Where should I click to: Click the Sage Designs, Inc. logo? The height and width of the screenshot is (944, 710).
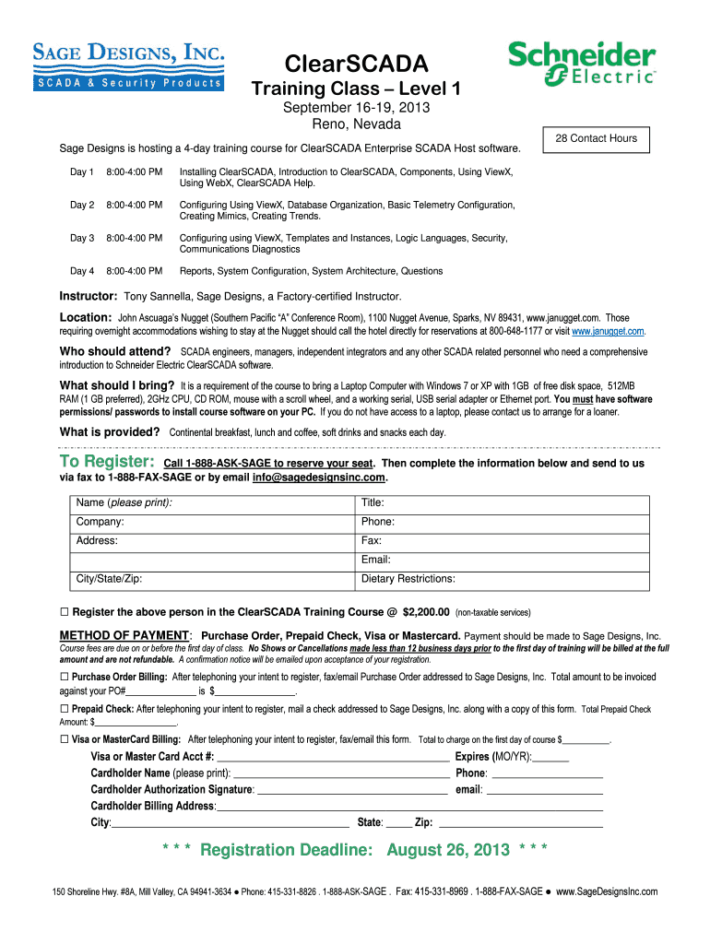pyautogui.click(x=129, y=66)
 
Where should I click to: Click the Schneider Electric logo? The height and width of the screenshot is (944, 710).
pyautogui.click(x=582, y=65)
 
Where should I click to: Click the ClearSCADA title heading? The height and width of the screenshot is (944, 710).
pyautogui.click(x=356, y=64)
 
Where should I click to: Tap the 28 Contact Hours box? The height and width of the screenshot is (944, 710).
pyautogui.click(x=596, y=138)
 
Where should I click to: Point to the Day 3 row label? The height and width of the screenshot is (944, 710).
pyautogui.click(x=82, y=238)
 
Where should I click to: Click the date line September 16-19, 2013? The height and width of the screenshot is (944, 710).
pyautogui.click(x=356, y=108)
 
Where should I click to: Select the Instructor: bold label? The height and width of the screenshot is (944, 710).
pyautogui.click(x=89, y=296)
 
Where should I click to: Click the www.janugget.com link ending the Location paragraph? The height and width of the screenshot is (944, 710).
pyautogui.click(x=608, y=330)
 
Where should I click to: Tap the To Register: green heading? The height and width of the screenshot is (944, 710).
pyautogui.click(x=106, y=462)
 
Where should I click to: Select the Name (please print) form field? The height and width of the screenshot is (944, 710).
pyautogui.click(x=212, y=502)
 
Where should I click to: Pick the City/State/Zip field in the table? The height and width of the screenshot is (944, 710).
pyautogui.click(x=212, y=579)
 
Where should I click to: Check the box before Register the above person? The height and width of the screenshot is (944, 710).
pyautogui.click(x=65, y=612)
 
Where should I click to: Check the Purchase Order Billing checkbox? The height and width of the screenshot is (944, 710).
pyautogui.click(x=65, y=677)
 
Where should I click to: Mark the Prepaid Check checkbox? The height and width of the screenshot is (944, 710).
pyautogui.click(x=65, y=710)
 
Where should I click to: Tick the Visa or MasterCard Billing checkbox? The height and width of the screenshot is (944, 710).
pyautogui.click(x=65, y=739)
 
